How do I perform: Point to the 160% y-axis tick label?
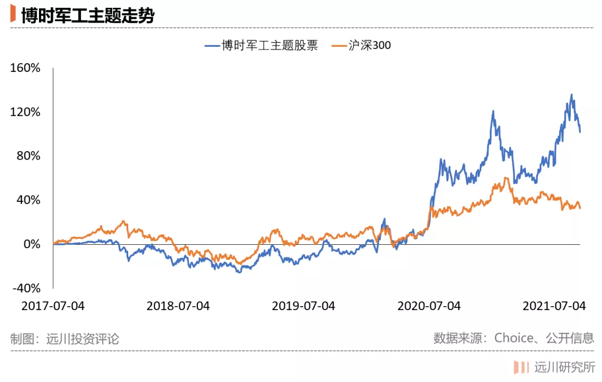click(26, 69)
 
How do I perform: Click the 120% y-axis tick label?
click(26, 112)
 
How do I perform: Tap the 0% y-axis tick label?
click(32, 244)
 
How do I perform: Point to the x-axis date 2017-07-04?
click(53, 306)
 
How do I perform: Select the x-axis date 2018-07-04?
click(178, 306)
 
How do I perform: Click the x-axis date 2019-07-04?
click(304, 306)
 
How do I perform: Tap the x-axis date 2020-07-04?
click(429, 306)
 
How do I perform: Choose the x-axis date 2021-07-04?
click(554, 306)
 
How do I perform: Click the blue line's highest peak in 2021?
click(571, 95)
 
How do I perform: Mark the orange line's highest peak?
click(506, 178)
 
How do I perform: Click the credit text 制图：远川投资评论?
click(65, 339)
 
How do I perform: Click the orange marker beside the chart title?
click(13, 14)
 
